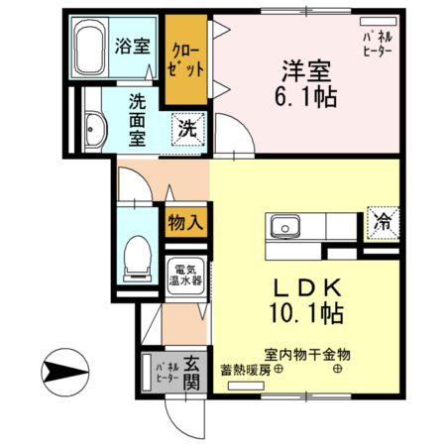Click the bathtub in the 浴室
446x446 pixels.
[91, 50]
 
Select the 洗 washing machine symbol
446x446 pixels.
[185, 128]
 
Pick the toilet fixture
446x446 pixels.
[135, 260]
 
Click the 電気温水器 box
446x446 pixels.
[185, 274]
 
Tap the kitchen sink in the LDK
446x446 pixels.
[283, 225]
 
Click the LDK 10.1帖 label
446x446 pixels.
[307, 301]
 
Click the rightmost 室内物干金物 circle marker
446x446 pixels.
[338, 371]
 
